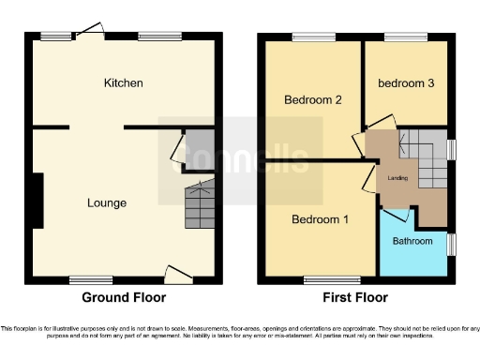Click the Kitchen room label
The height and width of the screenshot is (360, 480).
point(124,83)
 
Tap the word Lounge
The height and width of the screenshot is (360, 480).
point(107,202)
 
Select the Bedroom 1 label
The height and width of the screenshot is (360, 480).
point(320,220)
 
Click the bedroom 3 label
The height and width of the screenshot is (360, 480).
point(406,83)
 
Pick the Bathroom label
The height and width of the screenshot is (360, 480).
point(412,241)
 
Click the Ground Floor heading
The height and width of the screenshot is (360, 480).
point(124,297)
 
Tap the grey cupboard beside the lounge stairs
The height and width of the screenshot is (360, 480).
point(198,150)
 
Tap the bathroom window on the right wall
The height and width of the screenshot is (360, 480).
point(452,244)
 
